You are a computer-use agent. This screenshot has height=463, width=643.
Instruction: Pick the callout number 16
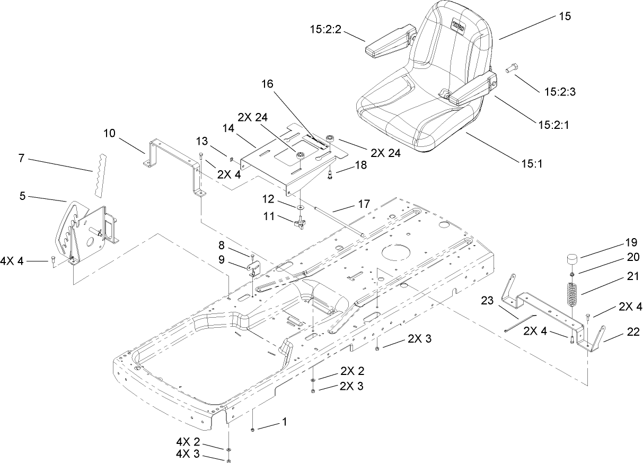269,84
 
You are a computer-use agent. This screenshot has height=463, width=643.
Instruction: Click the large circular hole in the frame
396,250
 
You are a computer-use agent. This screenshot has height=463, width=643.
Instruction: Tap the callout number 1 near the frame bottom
284,422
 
